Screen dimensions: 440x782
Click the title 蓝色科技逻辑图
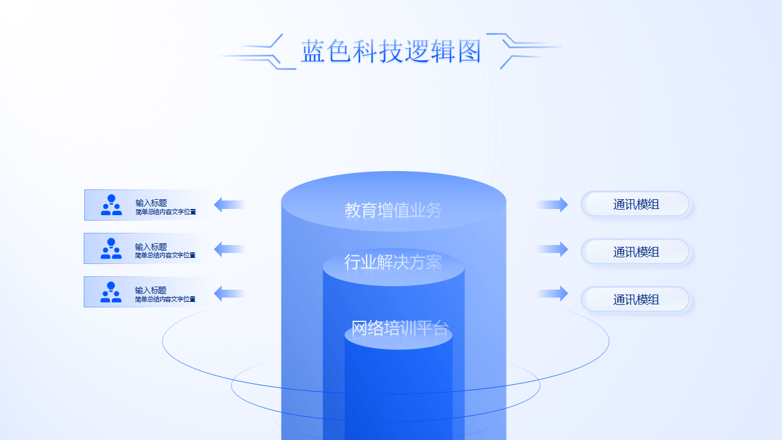point(391,51)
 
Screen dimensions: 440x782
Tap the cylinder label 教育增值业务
point(393,210)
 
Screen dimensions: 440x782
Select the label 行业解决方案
point(393,262)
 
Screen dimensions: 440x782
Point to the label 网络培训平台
point(400,328)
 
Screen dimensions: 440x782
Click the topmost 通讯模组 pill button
point(635,204)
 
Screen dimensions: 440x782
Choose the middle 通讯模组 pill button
point(635,252)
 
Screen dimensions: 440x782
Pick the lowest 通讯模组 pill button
point(635,299)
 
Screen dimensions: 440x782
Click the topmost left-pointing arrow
point(229,205)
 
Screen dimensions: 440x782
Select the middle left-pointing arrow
point(229,249)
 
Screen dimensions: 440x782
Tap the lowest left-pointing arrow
point(229,293)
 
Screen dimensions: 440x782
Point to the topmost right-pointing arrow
point(554,205)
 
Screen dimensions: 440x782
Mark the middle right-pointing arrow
point(554,249)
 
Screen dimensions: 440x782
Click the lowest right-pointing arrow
point(554,293)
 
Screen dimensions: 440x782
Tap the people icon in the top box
point(111,205)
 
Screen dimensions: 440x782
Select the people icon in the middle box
point(111,249)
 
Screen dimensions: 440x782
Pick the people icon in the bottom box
point(111,292)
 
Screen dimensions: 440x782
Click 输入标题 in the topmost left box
point(151,203)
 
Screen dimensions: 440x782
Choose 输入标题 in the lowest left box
point(151,290)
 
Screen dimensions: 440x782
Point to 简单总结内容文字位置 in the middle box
point(166,255)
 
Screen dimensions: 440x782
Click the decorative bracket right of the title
point(522,50)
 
